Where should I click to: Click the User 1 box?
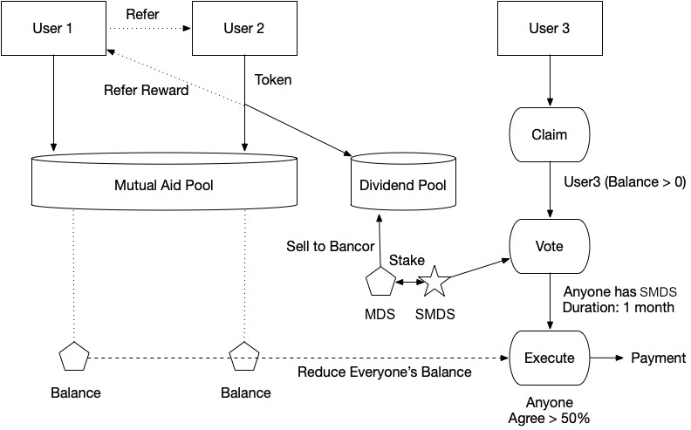point(53,28)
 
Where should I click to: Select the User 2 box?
point(244,28)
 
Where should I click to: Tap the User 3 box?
point(550,28)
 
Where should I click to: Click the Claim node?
point(550,134)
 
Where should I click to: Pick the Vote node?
point(550,246)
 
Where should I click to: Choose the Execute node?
point(550,358)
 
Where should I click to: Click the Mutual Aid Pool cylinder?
point(164,181)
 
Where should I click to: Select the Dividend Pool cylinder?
point(403,181)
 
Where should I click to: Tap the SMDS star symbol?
point(434,281)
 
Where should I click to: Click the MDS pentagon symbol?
point(380,281)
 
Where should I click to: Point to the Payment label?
point(659,358)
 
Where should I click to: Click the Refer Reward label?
point(146,91)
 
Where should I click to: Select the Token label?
point(273,79)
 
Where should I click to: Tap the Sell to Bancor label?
point(330,246)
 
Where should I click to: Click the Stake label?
point(407,260)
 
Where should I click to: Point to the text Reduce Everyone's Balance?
point(384,372)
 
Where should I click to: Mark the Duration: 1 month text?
point(619,307)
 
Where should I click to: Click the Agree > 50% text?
point(549,418)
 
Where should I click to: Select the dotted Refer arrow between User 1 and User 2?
point(148,28)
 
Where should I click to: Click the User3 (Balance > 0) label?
point(625,181)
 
